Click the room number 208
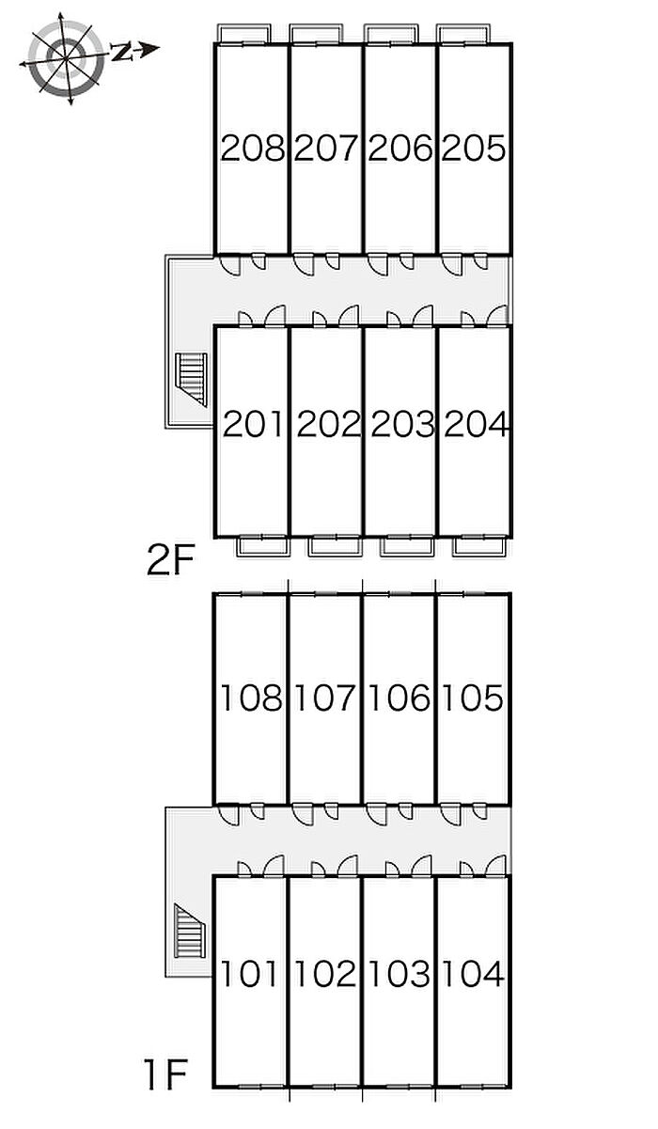point(253,148)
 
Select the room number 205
point(473,148)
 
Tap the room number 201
point(252,424)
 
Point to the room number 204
point(476,424)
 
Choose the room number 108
point(251,698)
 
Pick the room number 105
point(473,698)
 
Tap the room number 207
point(325,148)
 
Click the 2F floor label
point(170,561)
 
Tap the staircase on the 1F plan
point(190,931)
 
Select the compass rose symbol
point(66,59)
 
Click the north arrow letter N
point(121,52)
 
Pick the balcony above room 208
point(243,34)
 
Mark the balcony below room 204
point(478,546)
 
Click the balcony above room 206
point(391,34)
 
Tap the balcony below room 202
point(335,546)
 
